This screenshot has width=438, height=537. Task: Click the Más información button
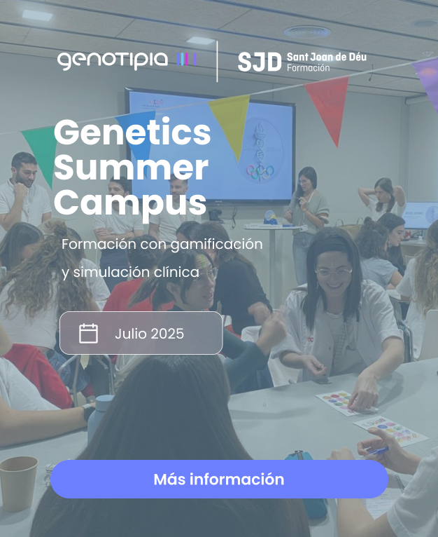pyautogui.click(x=219, y=479)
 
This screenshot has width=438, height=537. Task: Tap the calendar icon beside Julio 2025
pyautogui.click(x=89, y=333)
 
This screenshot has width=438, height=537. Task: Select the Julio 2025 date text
pyautogui.click(x=150, y=334)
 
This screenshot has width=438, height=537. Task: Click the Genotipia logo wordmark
pyautogui.click(x=113, y=60)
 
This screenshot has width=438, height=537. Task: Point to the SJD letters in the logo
pyautogui.click(x=260, y=62)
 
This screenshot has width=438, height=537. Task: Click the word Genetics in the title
pyautogui.click(x=132, y=132)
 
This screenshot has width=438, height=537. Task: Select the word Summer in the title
pyautogui.click(x=131, y=168)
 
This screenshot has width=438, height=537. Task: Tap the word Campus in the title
pyautogui.click(x=130, y=204)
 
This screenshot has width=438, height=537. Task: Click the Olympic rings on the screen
pyautogui.click(x=260, y=171)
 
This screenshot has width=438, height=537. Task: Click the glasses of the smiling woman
pyautogui.click(x=333, y=273)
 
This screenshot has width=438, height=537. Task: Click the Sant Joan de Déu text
pyautogui.click(x=327, y=57)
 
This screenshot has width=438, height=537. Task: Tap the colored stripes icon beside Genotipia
pyautogui.click(x=187, y=60)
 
